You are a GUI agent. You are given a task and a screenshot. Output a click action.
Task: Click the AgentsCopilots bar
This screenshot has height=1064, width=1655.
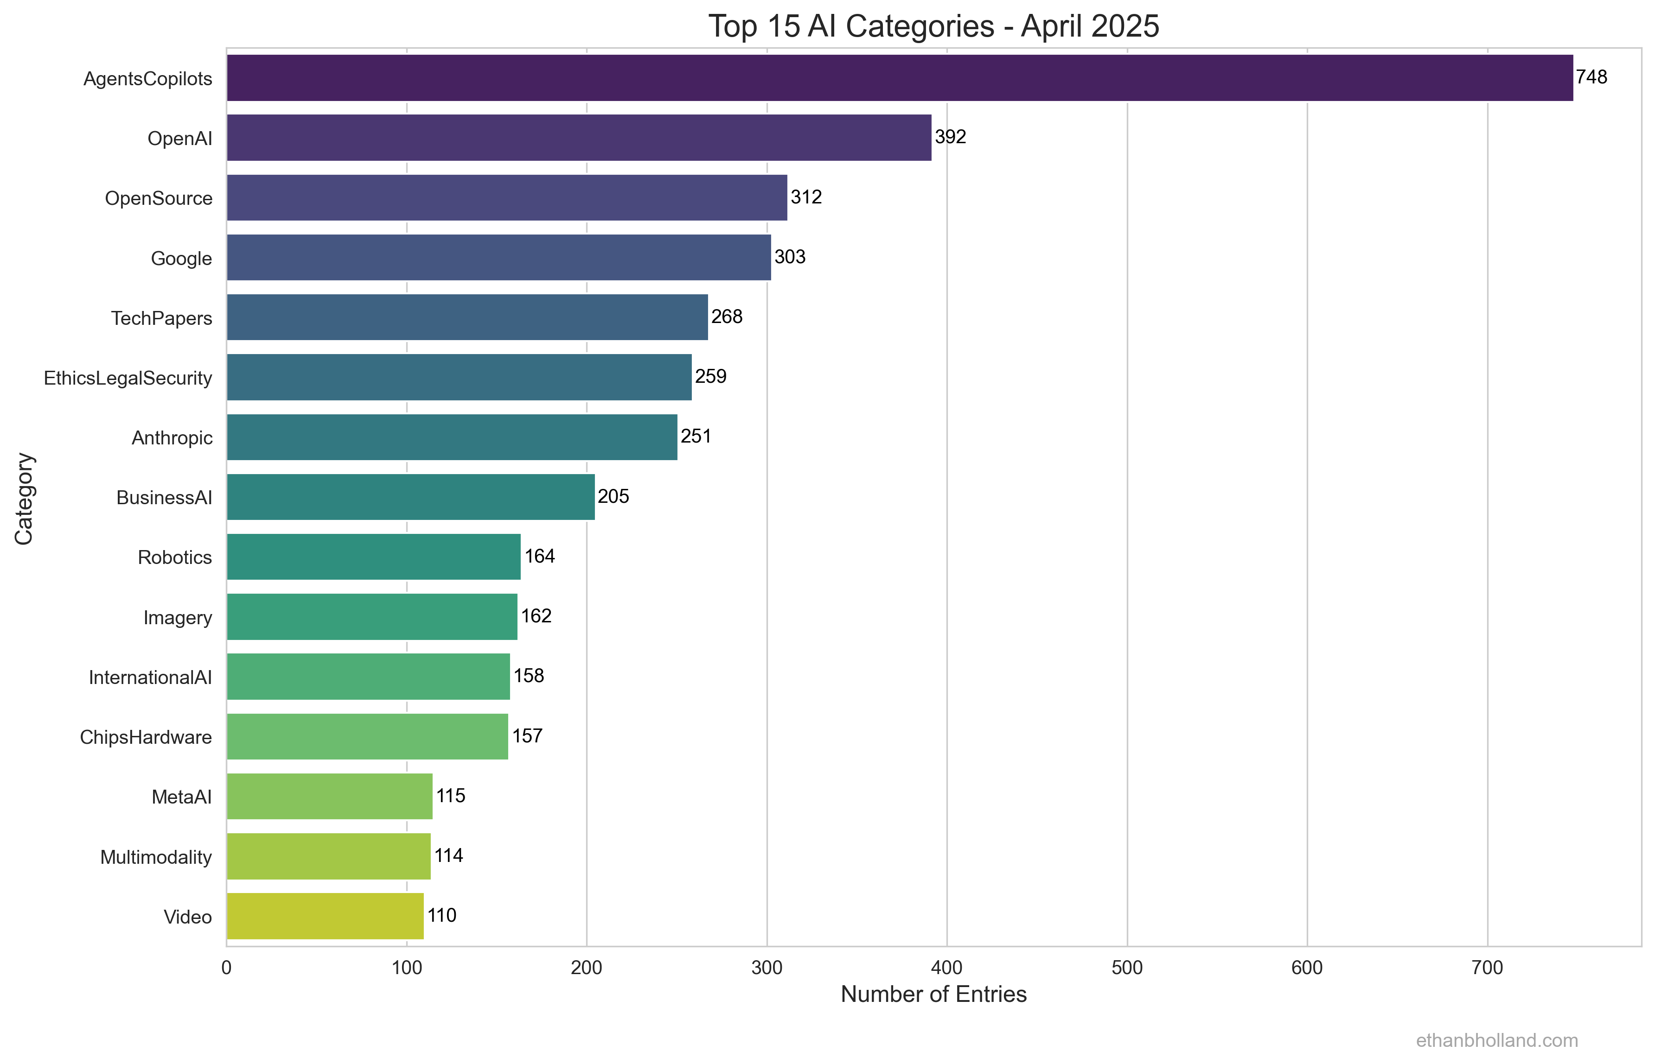[x=899, y=78]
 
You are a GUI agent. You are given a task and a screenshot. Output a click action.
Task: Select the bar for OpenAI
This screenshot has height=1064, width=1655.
[x=579, y=138]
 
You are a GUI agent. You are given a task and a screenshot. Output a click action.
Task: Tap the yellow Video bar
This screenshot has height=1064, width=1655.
[x=325, y=916]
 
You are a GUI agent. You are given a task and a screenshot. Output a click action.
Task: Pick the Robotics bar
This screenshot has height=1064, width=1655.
[x=373, y=557]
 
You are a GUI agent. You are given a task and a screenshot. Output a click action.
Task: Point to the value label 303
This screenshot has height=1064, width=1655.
[x=790, y=257]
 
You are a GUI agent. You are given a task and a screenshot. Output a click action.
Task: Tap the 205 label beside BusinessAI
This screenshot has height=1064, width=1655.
[x=613, y=497]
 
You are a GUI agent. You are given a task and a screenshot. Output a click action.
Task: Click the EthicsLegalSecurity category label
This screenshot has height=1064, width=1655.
[x=128, y=378]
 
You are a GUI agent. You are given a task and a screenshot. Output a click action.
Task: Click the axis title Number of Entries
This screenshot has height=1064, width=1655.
[x=933, y=994]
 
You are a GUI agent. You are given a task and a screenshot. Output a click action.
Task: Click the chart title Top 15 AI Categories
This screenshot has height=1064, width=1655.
[x=933, y=26]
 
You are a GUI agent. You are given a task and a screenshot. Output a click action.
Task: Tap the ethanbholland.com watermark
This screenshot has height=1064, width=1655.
[x=1497, y=1040]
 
